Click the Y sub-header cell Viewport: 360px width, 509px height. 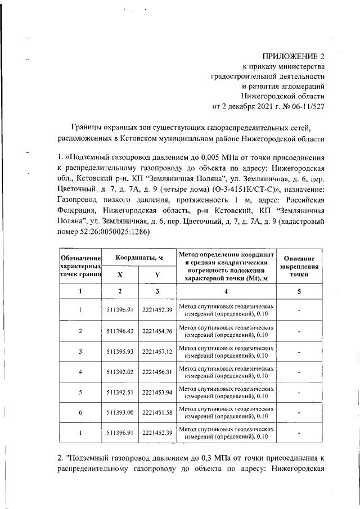(x=157, y=275)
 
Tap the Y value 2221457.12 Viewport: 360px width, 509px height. (x=157, y=352)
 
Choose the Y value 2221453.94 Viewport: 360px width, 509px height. (x=157, y=392)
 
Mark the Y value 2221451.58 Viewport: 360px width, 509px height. (x=157, y=413)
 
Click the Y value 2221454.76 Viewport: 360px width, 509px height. (x=157, y=331)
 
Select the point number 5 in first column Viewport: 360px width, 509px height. (x=80, y=392)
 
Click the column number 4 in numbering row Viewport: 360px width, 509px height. (x=226, y=291)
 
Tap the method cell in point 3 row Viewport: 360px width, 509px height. (x=227, y=352)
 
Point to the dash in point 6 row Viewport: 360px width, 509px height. (x=299, y=413)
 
